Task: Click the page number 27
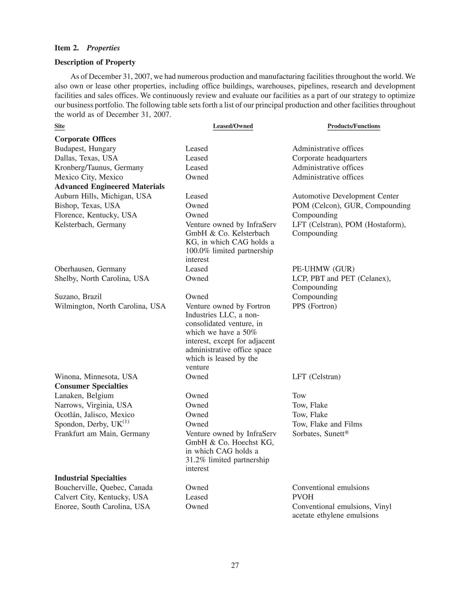click(235, 565)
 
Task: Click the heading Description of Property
click(95, 62)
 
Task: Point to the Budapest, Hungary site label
click(85, 149)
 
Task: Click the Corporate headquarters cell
click(329, 158)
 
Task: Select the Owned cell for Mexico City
click(197, 177)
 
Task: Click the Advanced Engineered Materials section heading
click(109, 187)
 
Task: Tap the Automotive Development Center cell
click(345, 196)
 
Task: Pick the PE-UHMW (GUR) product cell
click(323, 269)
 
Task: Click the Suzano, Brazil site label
click(78, 297)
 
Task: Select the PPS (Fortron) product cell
click(314, 306)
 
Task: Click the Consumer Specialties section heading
click(91, 386)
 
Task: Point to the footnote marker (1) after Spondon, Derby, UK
click(126, 422)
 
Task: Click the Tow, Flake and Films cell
click(327, 424)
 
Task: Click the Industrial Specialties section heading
click(90, 478)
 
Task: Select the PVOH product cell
click(303, 497)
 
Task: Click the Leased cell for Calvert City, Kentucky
click(196, 497)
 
